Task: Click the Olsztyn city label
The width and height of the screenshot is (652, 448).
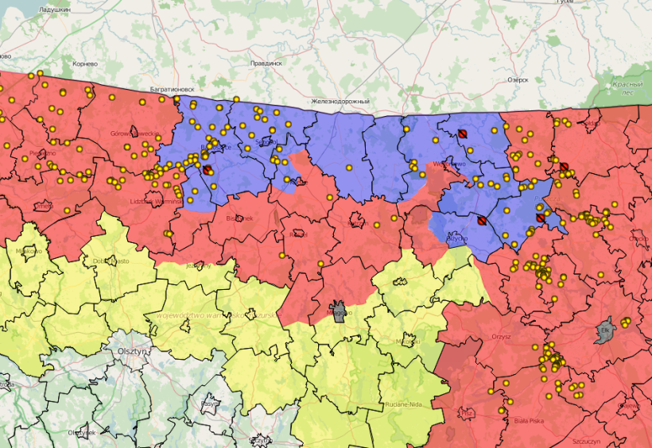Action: coord(131,350)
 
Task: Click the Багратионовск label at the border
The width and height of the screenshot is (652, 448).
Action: coord(172,90)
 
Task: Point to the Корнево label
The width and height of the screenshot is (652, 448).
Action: coord(84,63)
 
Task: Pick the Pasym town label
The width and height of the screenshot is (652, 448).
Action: coord(210,404)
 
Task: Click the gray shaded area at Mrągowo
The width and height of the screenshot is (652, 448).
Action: coord(340,311)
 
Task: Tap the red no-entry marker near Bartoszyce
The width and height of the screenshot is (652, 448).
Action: coord(208,170)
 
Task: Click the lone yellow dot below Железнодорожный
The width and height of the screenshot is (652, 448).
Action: coord(348,168)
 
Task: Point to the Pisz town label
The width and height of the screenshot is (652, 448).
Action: coord(468,413)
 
